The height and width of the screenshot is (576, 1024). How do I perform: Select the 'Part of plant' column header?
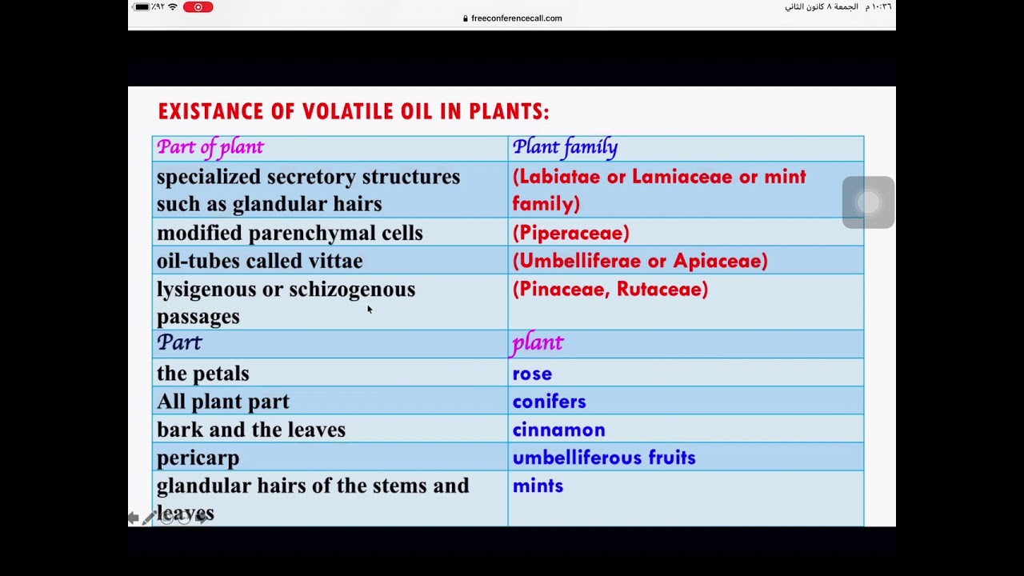coord(210,147)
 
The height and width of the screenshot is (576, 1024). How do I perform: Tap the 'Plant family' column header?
coord(565,147)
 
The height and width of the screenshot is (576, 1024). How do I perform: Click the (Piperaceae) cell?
coord(570,233)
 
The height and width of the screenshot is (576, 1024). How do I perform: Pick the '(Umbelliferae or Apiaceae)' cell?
coord(639,261)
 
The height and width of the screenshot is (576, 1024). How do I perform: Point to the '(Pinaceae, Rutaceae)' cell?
coord(610,289)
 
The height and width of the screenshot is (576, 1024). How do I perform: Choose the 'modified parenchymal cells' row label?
coord(290,233)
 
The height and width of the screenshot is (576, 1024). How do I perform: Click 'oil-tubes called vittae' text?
coord(259,261)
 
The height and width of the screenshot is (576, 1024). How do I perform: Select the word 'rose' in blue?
coord(532,374)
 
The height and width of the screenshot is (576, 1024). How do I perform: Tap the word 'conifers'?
coord(549,402)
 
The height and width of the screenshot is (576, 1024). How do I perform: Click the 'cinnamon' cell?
coord(558,430)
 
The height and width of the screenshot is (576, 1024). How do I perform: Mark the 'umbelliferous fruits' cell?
coord(604,458)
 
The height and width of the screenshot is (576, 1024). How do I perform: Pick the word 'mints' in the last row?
coord(538,486)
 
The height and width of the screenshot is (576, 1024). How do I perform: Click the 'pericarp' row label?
coord(198,458)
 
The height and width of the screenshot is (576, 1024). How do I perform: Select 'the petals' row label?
coord(202,374)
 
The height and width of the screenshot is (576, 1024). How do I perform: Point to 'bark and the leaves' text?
coord(251,430)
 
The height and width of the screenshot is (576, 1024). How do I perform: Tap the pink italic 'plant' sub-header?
coord(538,343)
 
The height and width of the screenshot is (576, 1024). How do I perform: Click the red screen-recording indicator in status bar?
coord(198,7)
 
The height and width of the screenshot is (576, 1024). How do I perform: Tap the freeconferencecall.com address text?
coord(516,18)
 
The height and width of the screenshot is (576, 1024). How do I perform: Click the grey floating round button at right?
coord(868,202)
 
